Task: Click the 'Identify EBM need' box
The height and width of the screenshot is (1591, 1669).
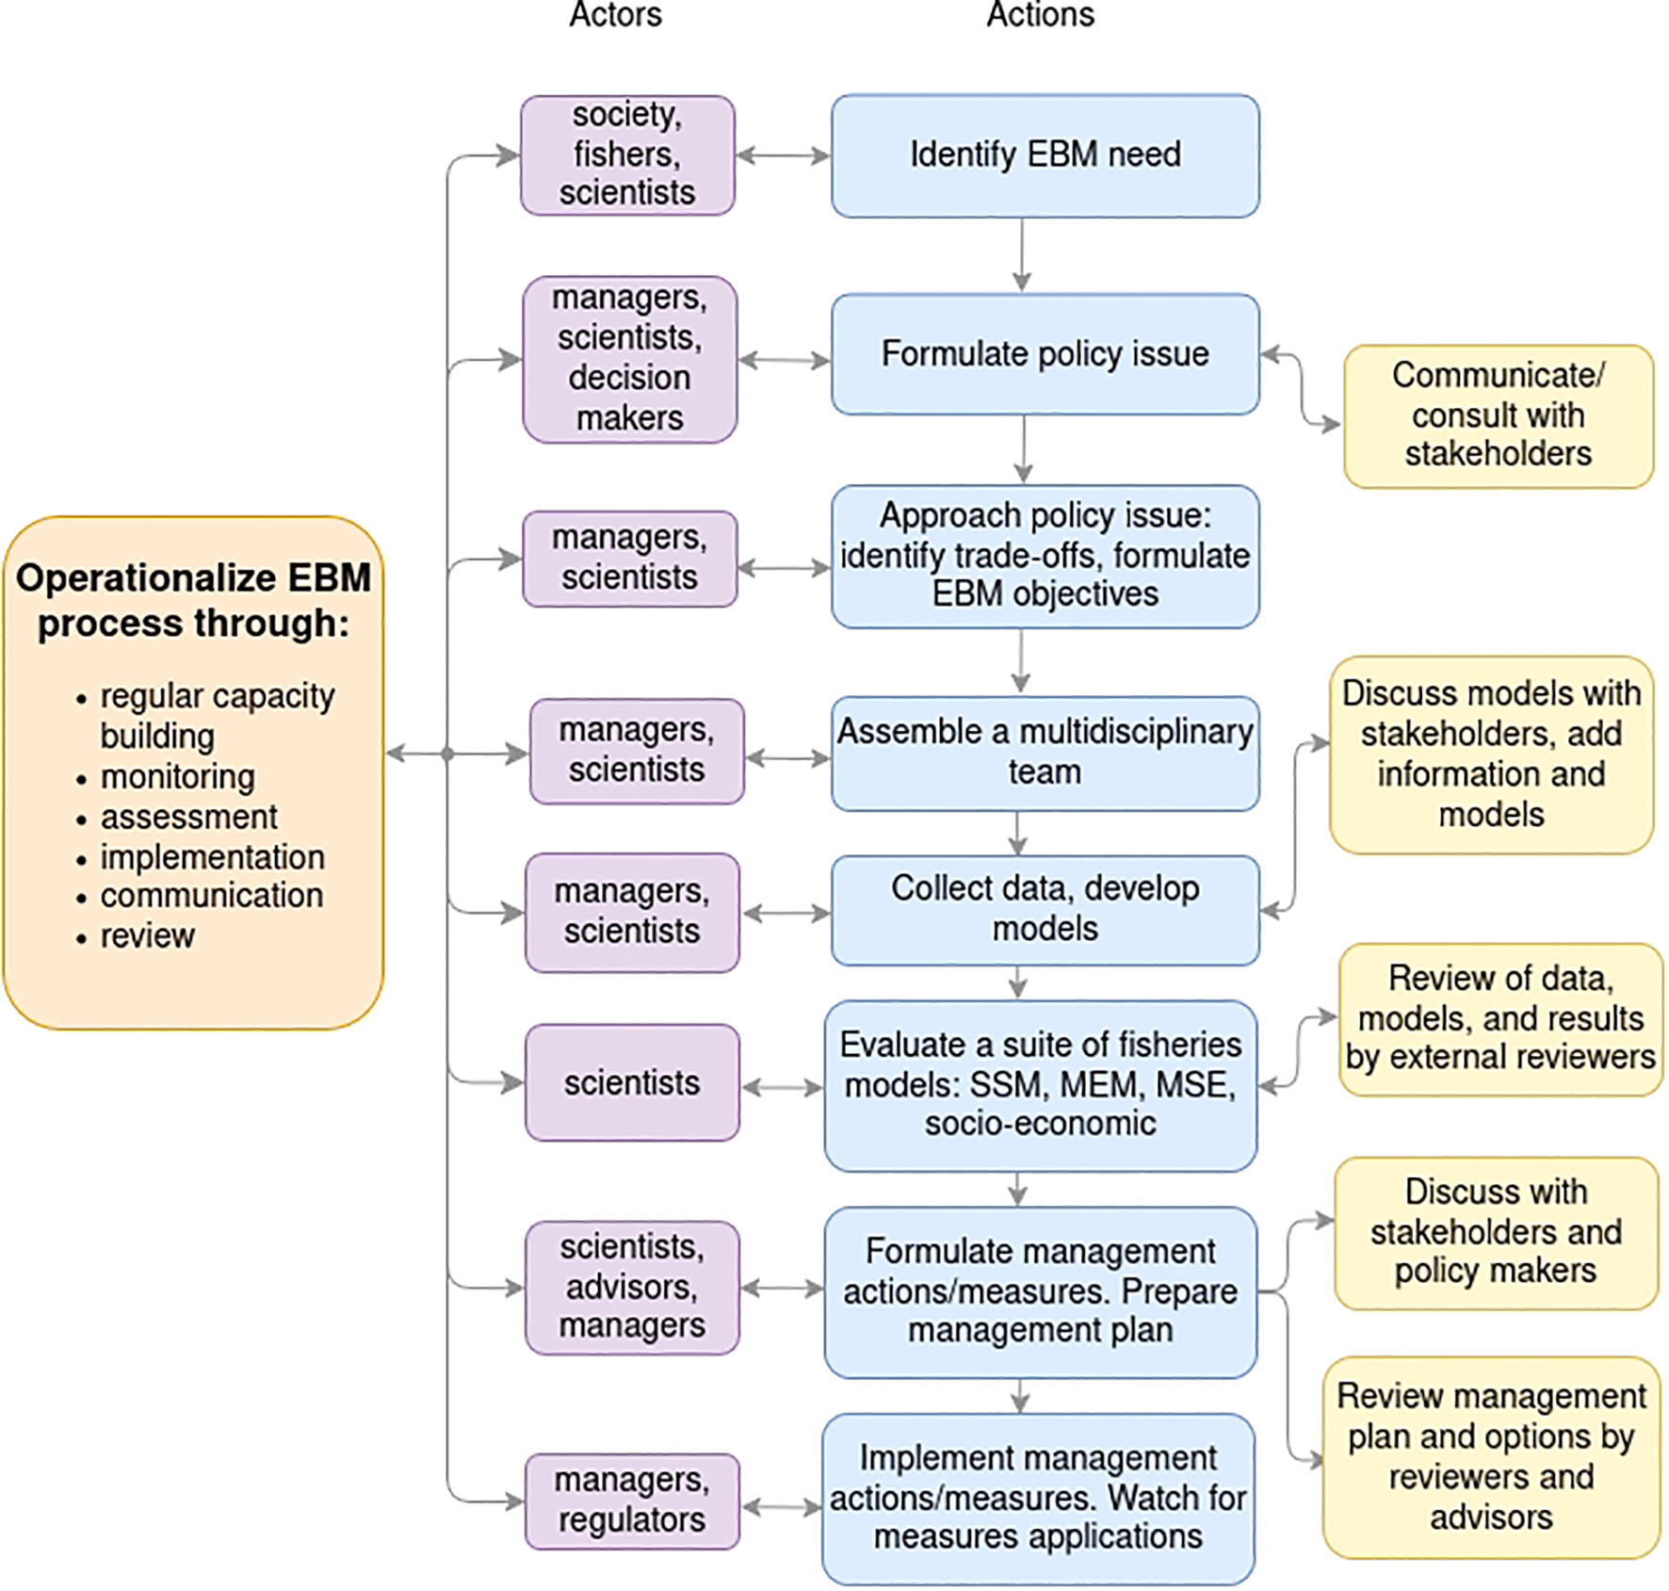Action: coord(1044,155)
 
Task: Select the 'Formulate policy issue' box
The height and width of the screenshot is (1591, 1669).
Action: coord(1044,354)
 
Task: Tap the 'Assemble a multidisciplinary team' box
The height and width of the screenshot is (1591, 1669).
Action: coord(1044,753)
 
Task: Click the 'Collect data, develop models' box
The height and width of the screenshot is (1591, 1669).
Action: coord(1044,909)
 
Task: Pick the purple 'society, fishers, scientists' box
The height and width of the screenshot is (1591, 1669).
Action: coord(627,155)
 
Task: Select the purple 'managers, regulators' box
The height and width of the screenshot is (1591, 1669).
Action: coord(631,1501)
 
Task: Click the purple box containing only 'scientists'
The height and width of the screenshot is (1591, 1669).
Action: coord(631,1083)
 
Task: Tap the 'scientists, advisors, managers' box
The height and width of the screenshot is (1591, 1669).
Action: coord(631,1287)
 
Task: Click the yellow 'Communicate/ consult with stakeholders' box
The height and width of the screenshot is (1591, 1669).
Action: coord(1498,415)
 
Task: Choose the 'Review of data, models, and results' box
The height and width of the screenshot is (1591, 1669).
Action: coord(1499,1018)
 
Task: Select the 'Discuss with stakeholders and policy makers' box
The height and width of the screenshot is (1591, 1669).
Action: coord(1496,1232)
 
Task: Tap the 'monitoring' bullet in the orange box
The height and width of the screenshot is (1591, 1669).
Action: coord(177,777)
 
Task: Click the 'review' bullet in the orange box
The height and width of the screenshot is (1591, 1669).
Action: coord(147,936)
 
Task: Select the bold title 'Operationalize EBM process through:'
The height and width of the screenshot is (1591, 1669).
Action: coord(193,600)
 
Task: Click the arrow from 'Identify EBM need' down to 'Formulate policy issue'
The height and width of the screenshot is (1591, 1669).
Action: coord(1022,255)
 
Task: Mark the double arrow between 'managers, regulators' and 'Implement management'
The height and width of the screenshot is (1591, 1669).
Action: coord(781,1507)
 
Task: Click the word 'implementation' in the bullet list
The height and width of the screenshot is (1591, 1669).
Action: coord(212,857)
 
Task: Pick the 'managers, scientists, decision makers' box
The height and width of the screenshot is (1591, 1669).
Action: coord(629,358)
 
